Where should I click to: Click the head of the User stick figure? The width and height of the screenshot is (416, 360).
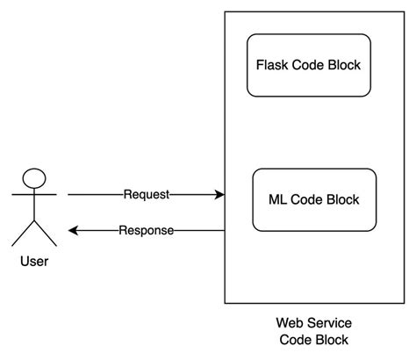pyautogui.click(x=34, y=177)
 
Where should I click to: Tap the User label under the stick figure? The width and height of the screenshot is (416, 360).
pyautogui.click(x=33, y=261)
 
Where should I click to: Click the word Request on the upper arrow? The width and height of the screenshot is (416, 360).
pyautogui.click(x=146, y=194)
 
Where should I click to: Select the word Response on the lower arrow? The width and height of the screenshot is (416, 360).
pyautogui.click(x=146, y=231)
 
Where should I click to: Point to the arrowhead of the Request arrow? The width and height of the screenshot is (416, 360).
pyautogui.click(x=219, y=194)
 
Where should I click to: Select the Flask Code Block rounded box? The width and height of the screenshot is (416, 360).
pyautogui.click(x=308, y=65)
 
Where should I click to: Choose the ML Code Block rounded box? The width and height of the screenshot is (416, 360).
pyautogui.click(x=314, y=199)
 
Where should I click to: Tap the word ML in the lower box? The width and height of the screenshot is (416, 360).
pyautogui.click(x=275, y=199)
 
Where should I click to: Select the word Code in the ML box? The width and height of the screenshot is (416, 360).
pyautogui.click(x=305, y=199)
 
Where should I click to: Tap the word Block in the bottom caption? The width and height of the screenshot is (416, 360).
pyautogui.click(x=332, y=340)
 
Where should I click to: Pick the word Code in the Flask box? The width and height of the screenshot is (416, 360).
pyautogui.click(x=307, y=65)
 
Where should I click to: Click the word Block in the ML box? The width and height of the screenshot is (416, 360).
pyautogui.click(x=341, y=199)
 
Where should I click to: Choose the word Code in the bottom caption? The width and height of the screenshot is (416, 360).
pyautogui.click(x=294, y=340)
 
